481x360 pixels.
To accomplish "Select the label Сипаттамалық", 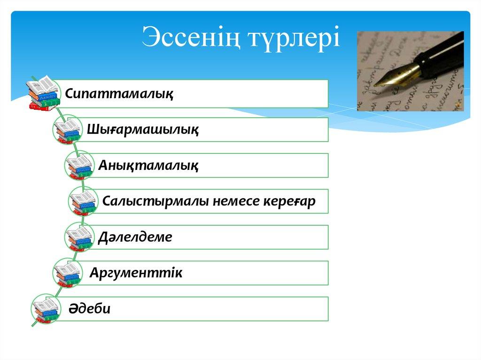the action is pos(119,93).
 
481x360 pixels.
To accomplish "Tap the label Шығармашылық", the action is pos(143,130).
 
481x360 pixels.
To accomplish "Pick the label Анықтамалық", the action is pos(148,166).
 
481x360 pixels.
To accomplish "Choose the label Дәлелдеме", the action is pos(135,237).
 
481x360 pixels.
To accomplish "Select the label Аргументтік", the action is pos(136,273).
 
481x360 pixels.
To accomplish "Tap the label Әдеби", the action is pos(89,308).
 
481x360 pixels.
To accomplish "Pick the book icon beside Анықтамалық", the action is pos(79,166).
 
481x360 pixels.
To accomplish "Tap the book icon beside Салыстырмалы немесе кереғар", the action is pos(83,201).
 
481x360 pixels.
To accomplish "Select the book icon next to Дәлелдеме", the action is pos(79,237).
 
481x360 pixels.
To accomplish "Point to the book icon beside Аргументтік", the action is pos(68,273).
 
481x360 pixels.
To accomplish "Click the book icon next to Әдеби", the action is pos(46,309).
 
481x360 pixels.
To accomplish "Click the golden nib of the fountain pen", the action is pos(396,75).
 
